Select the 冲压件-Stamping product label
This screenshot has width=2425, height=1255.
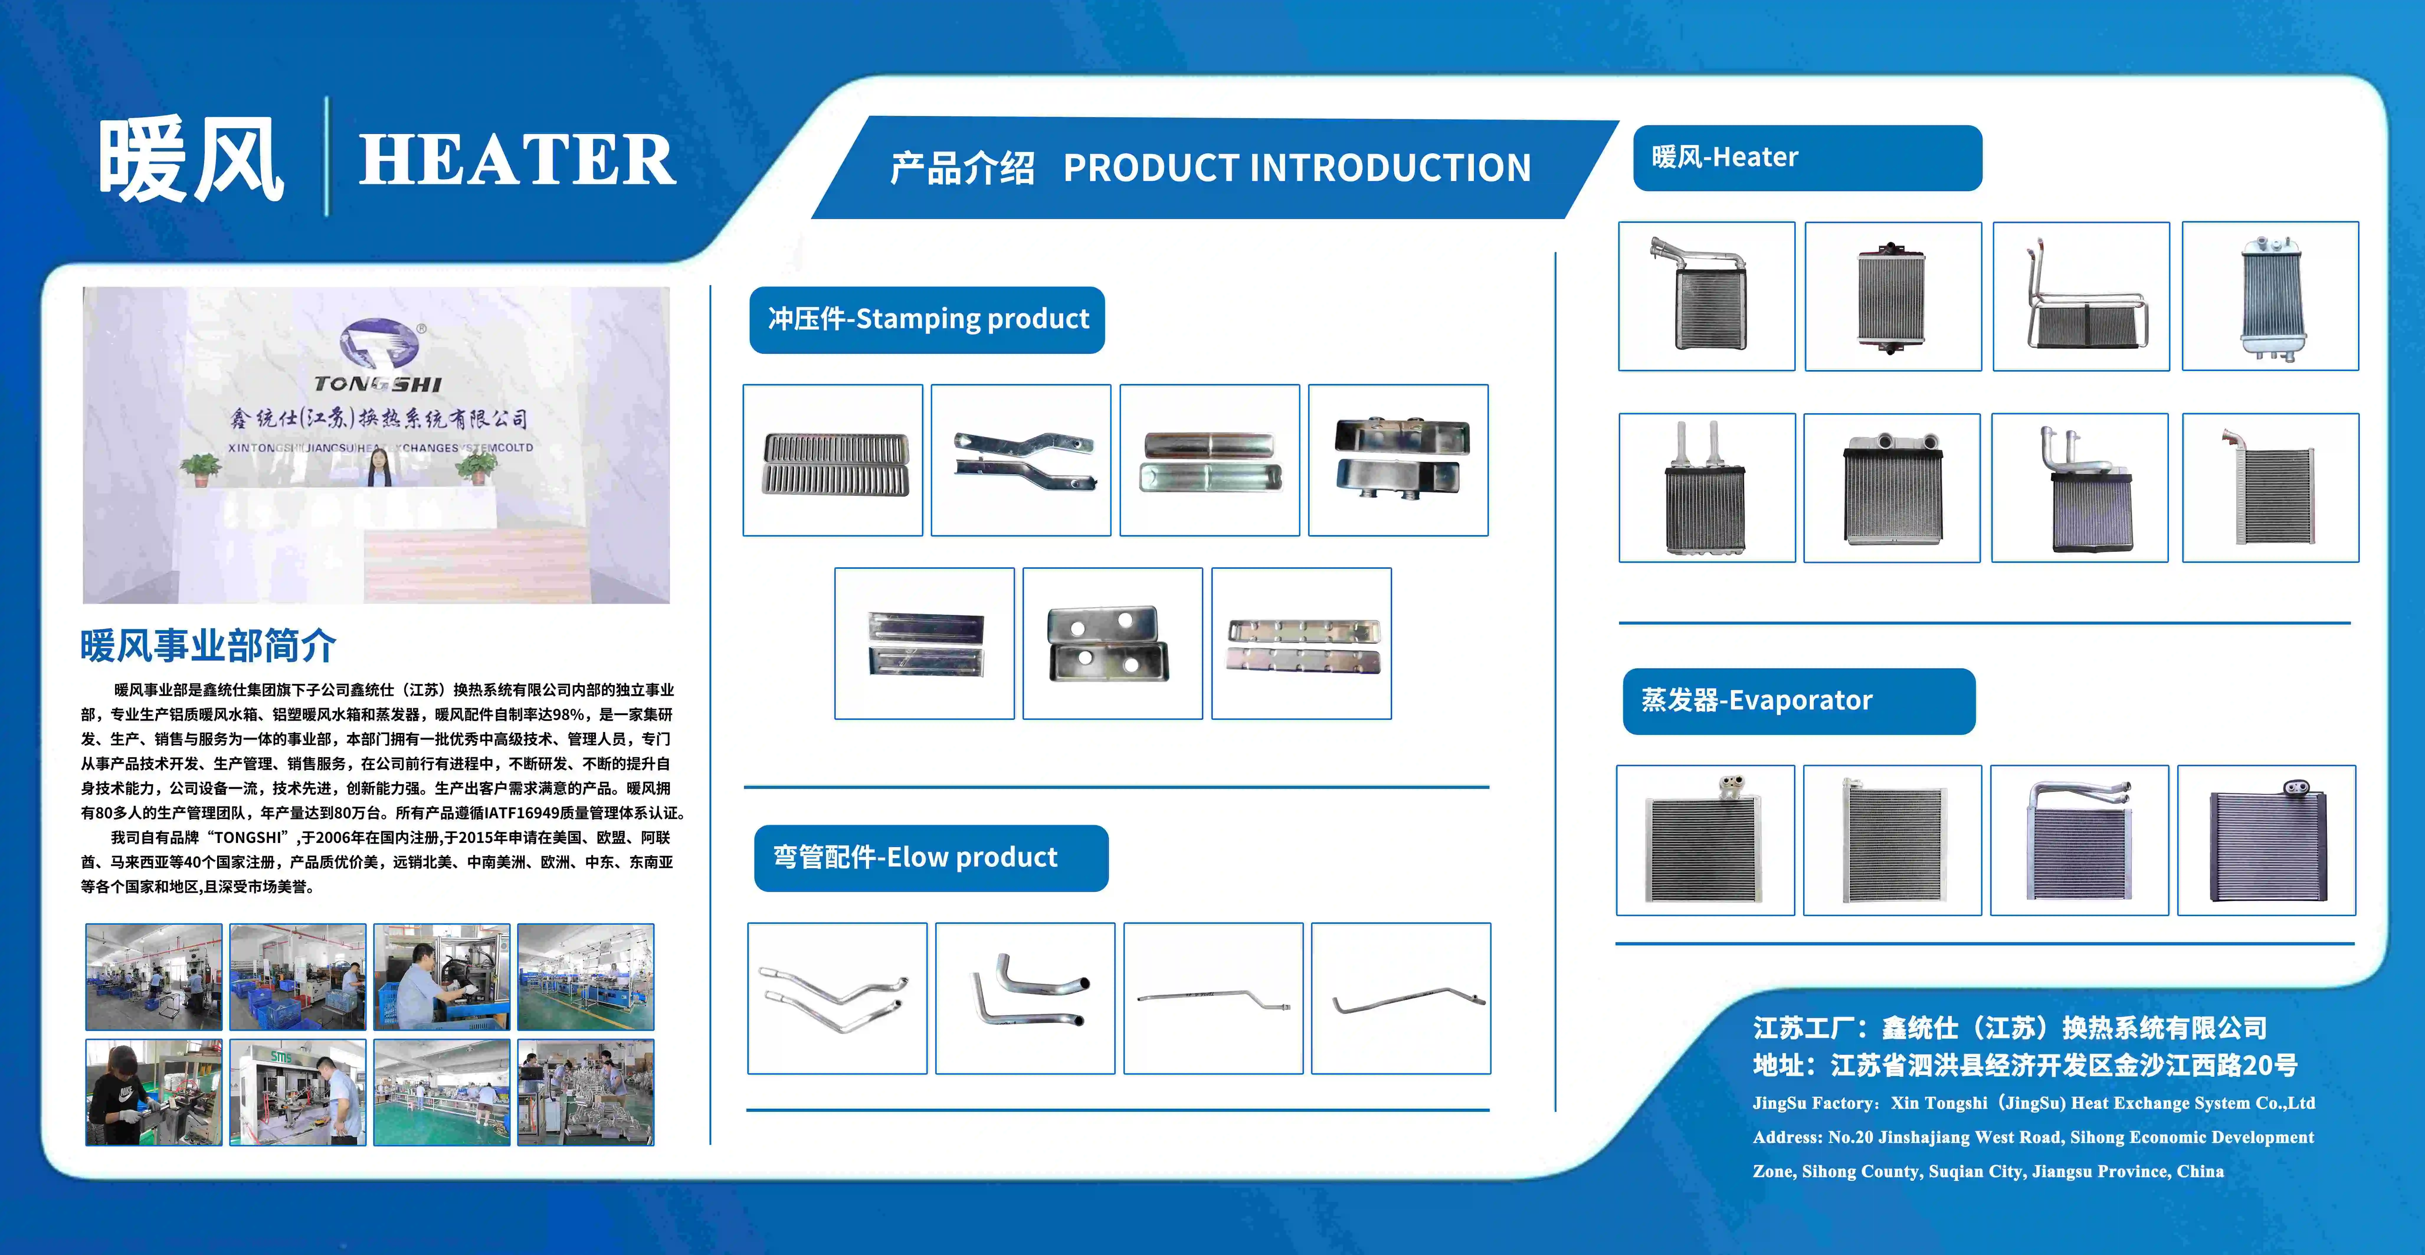tap(927, 319)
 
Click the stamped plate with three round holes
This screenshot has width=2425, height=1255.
tap(1109, 643)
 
